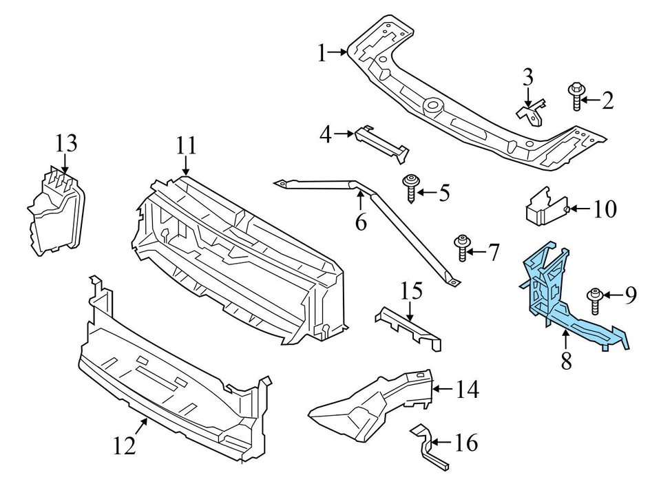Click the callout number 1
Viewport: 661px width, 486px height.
[x=322, y=52]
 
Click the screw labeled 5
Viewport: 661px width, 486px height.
[x=412, y=187]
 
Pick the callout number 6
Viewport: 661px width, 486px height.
[x=361, y=222]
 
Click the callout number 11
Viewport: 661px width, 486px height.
[x=186, y=146]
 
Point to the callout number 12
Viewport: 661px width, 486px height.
[x=125, y=447]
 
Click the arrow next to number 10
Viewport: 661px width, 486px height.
[x=577, y=209]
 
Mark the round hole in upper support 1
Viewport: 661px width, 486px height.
[x=433, y=105]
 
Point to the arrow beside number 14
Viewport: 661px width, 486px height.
[x=443, y=391]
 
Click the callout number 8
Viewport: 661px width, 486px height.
[x=566, y=360]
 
